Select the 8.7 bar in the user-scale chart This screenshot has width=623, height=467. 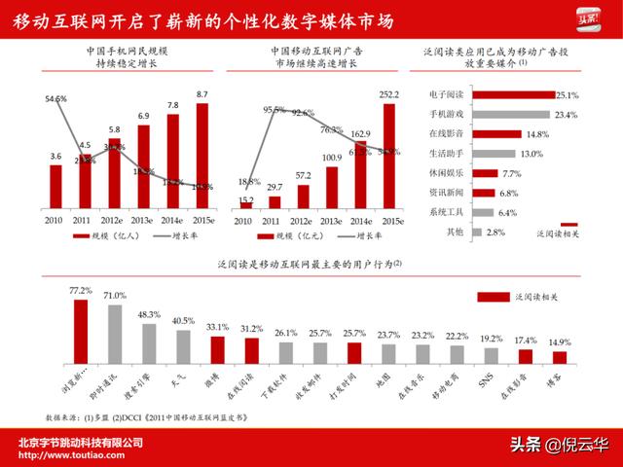click(x=202, y=157)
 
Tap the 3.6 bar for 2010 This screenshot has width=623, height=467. click(x=56, y=187)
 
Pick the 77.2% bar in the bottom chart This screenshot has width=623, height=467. click(x=81, y=332)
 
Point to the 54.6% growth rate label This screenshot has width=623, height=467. click(x=55, y=99)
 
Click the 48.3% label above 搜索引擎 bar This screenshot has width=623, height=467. click(x=149, y=315)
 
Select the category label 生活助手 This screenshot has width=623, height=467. click(x=445, y=154)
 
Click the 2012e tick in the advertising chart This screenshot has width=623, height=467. click(x=303, y=219)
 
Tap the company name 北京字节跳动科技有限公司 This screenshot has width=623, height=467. click(x=83, y=442)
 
